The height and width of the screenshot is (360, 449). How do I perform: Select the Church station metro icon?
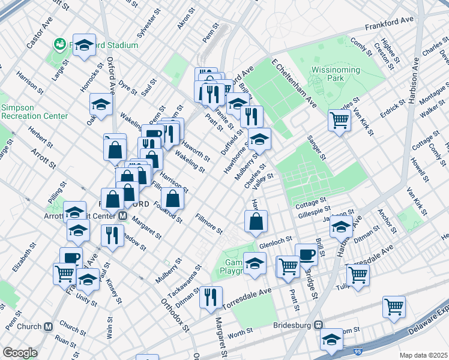click(x=49, y=327)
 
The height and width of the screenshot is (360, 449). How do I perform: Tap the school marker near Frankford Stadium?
click(x=85, y=45)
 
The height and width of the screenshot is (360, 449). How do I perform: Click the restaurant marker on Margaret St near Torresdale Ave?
click(x=211, y=296)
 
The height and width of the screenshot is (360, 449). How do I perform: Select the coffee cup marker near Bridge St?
click(x=306, y=253)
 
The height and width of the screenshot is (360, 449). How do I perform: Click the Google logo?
click(x=20, y=353)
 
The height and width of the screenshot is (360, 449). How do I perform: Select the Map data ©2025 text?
click(x=423, y=355)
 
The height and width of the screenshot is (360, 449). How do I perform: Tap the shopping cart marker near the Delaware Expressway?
click(x=394, y=307)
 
